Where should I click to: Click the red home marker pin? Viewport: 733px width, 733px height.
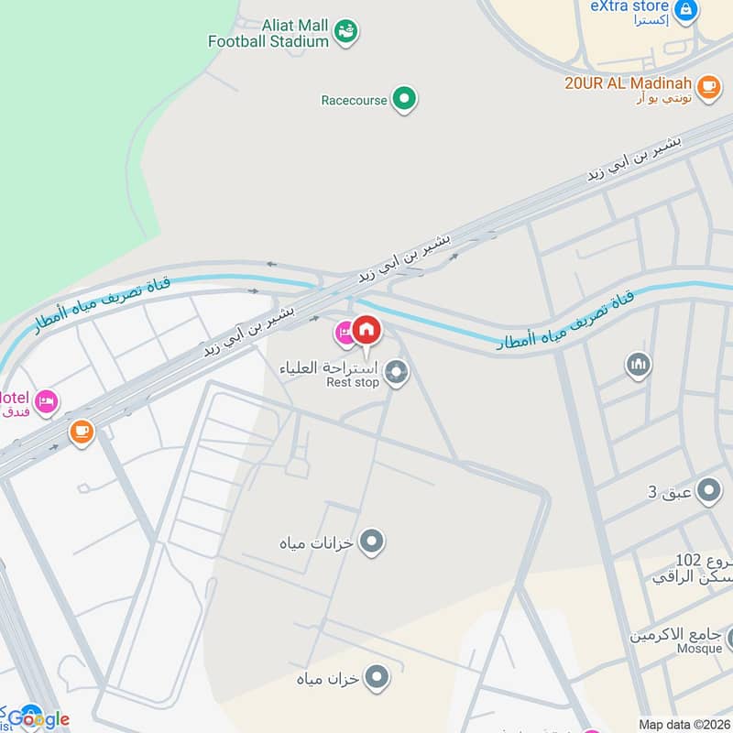(x=366, y=329)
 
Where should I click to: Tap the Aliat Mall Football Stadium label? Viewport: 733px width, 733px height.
(x=268, y=33)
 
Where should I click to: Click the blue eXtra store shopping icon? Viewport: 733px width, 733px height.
(x=684, y=10)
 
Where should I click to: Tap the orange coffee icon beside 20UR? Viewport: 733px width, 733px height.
(x=707, y=86)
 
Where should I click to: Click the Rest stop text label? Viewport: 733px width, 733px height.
(x=353, y=382)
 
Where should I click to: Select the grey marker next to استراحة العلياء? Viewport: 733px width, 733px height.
(x=396, y=372)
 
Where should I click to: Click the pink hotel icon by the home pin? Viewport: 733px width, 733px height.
(x=345, y=334)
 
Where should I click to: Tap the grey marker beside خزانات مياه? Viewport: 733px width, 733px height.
(x=371, y=542)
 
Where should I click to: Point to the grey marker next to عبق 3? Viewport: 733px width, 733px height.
(x=708, y=492)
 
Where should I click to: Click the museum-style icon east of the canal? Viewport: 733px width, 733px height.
(x=639, y=366)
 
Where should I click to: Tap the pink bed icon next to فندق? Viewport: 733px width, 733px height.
(x=45, y=400)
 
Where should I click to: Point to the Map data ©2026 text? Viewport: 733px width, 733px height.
(x=684, y=724)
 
